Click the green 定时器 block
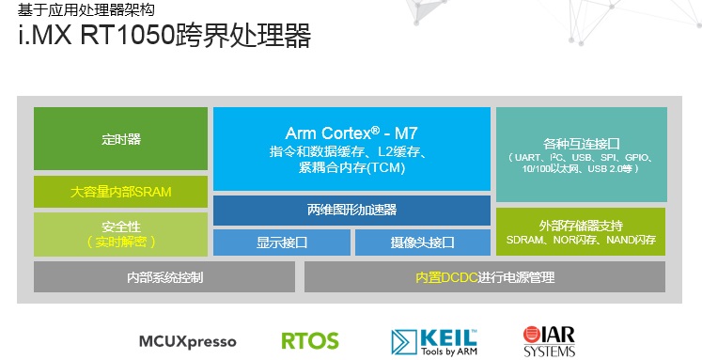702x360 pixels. tap(120, 139)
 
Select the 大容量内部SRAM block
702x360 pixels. tap(120, 192)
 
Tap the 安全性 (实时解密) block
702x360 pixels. tap(120, 234)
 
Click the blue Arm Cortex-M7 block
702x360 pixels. tap(351, 149)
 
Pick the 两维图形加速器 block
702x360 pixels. tap(351, 210)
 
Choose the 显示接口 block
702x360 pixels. tap(282, 243)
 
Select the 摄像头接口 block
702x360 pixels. tap(422, 243)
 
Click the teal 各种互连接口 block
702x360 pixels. tap(581, 153)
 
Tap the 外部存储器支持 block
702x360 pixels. tap(581, 231)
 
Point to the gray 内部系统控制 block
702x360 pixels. tap(164, 277)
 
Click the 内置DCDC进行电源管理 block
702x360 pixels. tap(485, 277)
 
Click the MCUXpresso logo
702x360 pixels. tap(187, 340)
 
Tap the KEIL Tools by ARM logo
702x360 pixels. tap(434, 339)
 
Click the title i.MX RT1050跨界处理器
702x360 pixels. tap(164, 38)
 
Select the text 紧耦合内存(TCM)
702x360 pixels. tap(351, 167)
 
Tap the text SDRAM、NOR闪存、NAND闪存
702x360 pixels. tap(581, 240)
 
